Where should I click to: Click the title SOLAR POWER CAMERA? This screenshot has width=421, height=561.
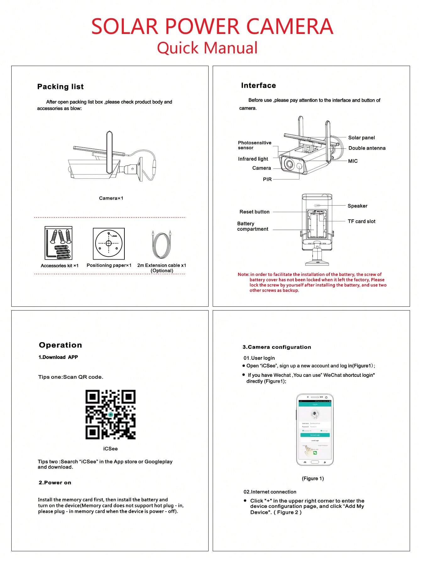click(212, 26)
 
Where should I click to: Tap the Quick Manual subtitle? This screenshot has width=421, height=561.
click(207, 48)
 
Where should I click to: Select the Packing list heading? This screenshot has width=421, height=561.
click(60, 87)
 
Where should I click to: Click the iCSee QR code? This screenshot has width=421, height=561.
click(110, 415)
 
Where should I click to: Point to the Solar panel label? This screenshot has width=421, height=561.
click(361, 138)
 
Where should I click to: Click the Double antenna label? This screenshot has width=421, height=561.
click(367, 148)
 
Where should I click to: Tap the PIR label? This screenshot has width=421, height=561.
click(267, 179)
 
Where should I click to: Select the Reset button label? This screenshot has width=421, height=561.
click(254, 212)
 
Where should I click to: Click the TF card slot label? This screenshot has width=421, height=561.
click(361, 221)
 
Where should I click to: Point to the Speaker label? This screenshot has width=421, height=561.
click(357, 206)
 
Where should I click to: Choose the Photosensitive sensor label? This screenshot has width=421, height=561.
click(254, 145)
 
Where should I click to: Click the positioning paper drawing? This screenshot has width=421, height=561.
click(109, 244)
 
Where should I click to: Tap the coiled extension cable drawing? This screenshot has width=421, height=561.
click(161, 245)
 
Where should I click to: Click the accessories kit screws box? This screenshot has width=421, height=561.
click(59, 243)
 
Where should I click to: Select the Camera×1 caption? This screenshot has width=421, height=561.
click(111, 198)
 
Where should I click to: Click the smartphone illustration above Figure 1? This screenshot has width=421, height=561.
click(315, 430)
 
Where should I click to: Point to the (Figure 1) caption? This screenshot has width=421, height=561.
click(313, 478)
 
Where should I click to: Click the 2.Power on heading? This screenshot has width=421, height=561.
click(55, 483)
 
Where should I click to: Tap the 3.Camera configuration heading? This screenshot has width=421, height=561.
click(276, 347)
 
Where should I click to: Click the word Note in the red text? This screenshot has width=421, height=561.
click(243, 274)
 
